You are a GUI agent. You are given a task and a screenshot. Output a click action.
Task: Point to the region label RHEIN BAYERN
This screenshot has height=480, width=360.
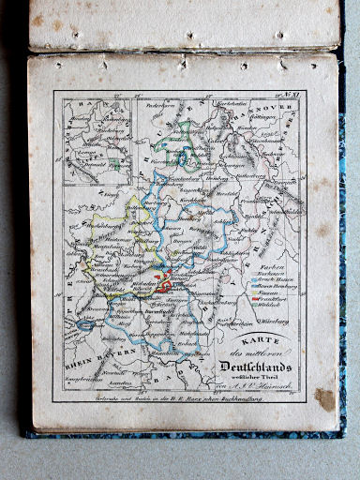pos(87,360)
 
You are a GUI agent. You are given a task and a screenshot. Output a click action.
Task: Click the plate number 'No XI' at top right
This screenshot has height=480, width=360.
pos(292,95)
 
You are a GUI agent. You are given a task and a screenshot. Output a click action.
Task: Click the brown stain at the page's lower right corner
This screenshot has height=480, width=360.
pos(323,400)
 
